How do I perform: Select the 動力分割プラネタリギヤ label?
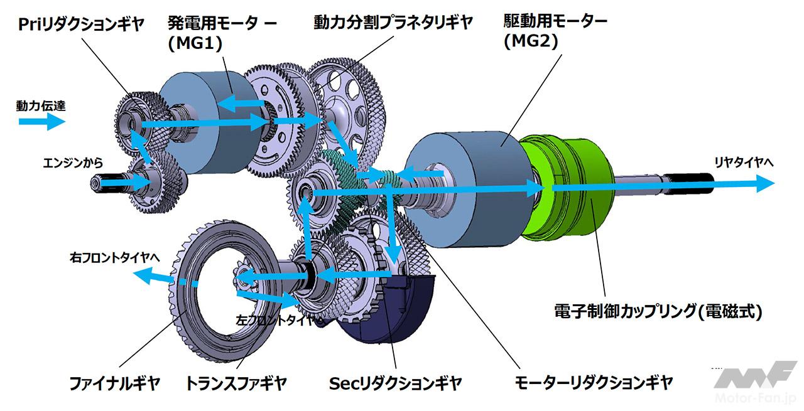pos(393,23)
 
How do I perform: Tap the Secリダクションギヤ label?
pos(395,382)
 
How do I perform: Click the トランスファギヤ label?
pos(236,382)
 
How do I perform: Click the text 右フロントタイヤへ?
pos(116,257)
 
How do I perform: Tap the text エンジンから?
pos(68,161)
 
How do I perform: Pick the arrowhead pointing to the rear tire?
pos(763,184)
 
